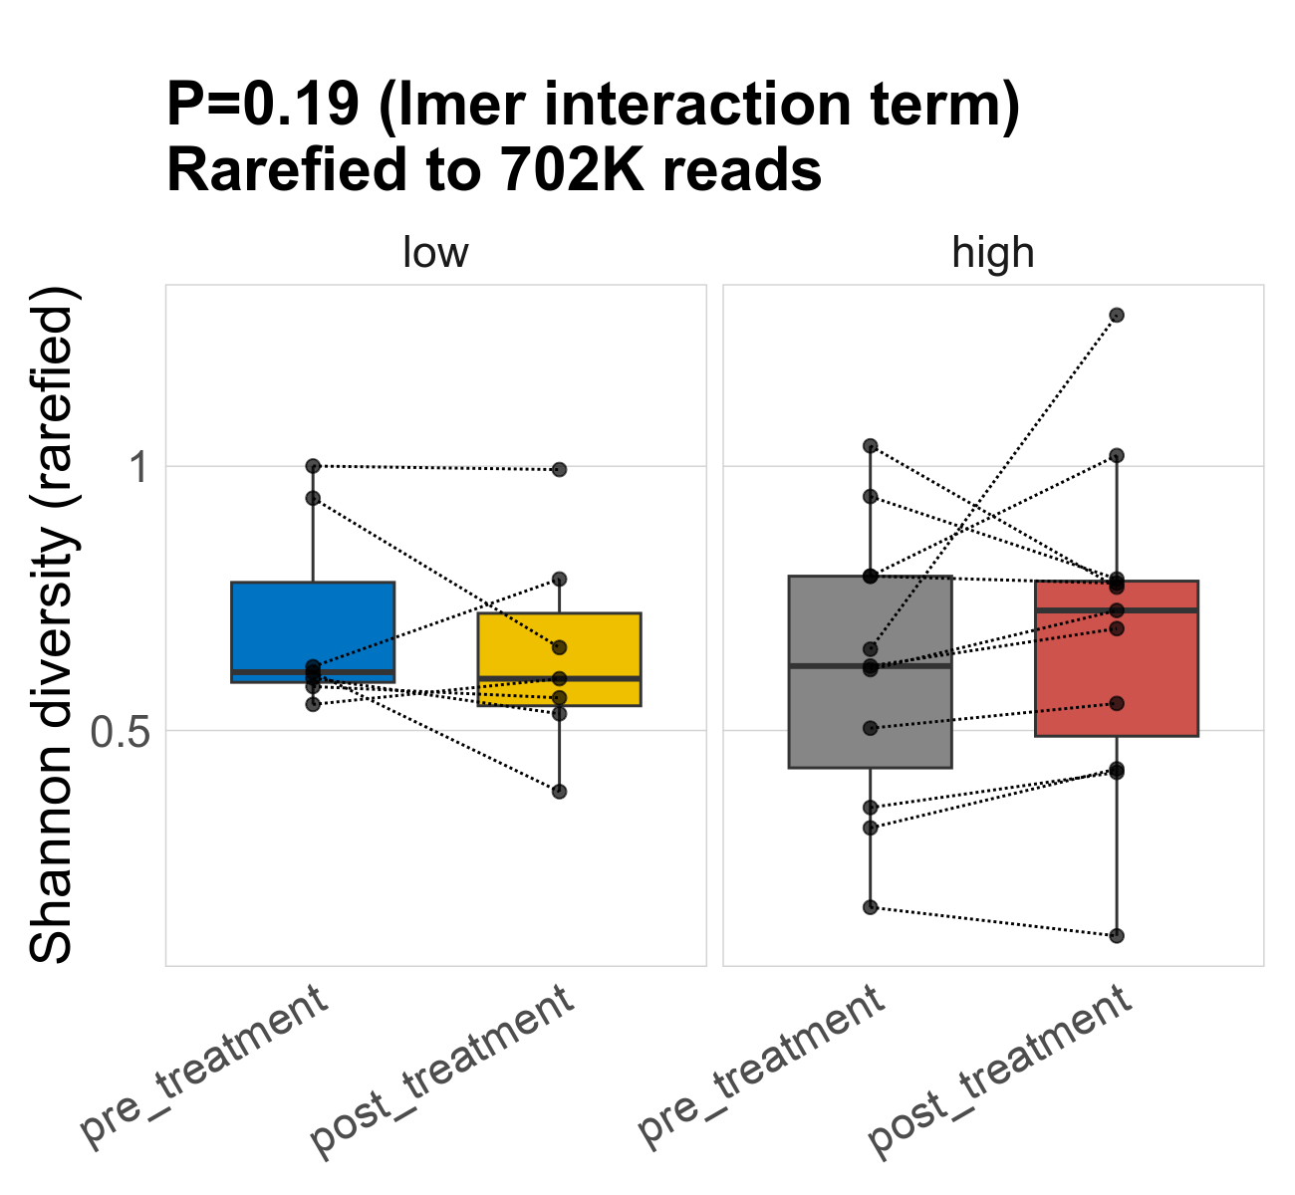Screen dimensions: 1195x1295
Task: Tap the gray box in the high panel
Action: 870,717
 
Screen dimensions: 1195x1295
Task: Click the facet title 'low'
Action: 435,253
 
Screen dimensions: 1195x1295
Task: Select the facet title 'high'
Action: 993,253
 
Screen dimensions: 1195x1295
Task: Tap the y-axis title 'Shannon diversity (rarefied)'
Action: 52,625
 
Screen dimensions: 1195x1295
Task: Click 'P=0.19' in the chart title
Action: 262,105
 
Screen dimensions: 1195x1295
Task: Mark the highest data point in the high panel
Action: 1117,315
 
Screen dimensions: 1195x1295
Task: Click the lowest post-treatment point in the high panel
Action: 1117,935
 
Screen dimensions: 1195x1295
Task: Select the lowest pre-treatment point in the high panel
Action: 870,907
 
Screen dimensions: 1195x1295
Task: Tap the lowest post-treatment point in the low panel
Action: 559,792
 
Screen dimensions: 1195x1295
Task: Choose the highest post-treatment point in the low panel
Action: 559,469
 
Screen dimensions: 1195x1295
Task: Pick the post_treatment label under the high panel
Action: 1001,1072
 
